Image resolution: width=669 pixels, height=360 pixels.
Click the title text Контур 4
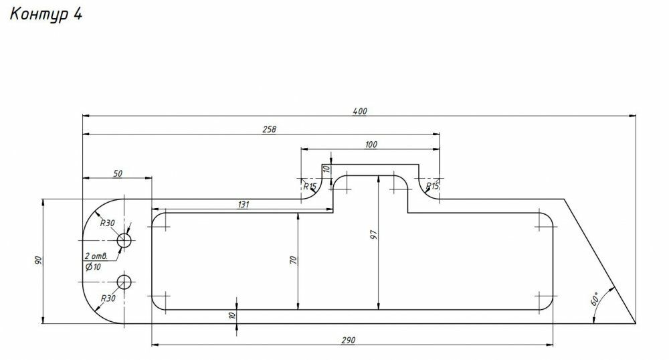coord(45,14)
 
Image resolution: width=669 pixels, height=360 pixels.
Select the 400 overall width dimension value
coord(360,111)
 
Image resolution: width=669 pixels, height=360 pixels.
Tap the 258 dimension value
coord(269,129)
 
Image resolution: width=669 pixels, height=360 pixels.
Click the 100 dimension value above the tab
coord(371,145)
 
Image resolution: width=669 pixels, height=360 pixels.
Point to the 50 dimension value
coord(117,173)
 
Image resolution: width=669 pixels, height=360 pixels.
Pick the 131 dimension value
coord(243,204)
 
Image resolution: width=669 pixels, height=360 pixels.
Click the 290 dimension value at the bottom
coord(348,341)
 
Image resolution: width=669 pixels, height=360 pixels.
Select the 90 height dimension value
coord(37,260)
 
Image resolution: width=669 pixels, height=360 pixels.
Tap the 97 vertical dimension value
coord(374,235)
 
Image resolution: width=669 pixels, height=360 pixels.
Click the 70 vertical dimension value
coord(293,260)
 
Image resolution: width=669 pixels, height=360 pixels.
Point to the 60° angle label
coord(595,298)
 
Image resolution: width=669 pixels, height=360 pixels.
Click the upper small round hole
coord(124,241)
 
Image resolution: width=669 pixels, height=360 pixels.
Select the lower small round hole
coord(124,282)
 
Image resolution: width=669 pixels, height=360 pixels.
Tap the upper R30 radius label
coord(108,223)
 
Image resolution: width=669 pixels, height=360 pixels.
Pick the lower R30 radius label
coord(108,298)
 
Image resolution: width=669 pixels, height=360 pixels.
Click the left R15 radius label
coord(310,187)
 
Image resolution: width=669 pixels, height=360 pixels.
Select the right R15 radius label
coord(432,186)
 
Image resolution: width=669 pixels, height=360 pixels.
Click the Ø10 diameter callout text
coord(93,267)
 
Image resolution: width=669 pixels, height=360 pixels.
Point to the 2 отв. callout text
coord(96,256)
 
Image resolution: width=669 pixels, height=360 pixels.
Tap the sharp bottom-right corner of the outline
coord(636,323)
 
